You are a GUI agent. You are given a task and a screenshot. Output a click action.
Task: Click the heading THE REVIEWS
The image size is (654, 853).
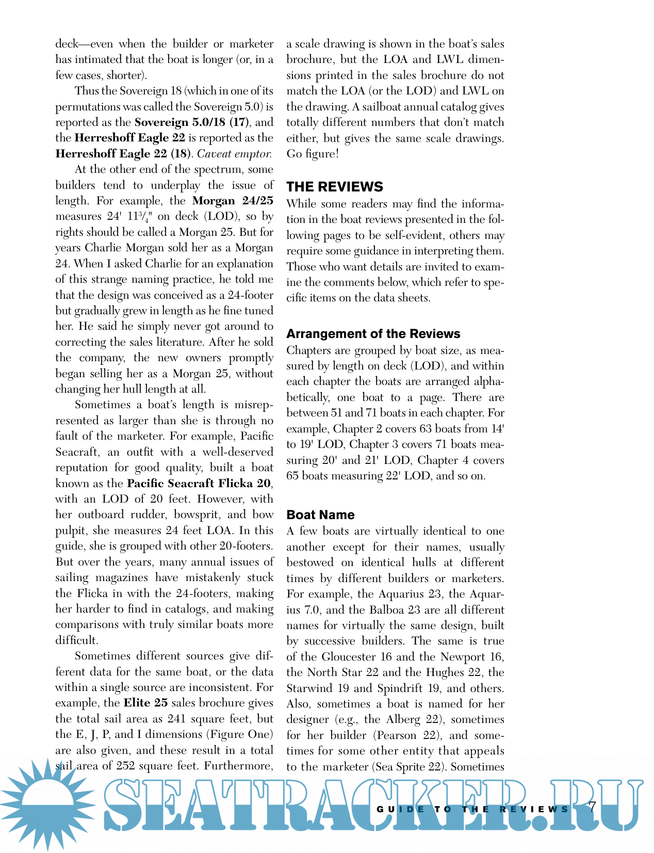pos(335,186)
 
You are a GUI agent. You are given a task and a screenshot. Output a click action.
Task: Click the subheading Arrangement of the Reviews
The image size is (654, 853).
pos(373,333)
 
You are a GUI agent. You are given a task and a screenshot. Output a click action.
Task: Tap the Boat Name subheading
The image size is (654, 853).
pos(320,514)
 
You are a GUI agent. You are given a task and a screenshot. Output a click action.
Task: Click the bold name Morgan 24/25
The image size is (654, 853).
pos(233,201)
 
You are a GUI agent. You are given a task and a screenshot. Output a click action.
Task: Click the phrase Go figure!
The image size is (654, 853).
pos(313,154)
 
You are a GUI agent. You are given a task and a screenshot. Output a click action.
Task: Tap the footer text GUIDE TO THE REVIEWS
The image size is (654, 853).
pos(472,809)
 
